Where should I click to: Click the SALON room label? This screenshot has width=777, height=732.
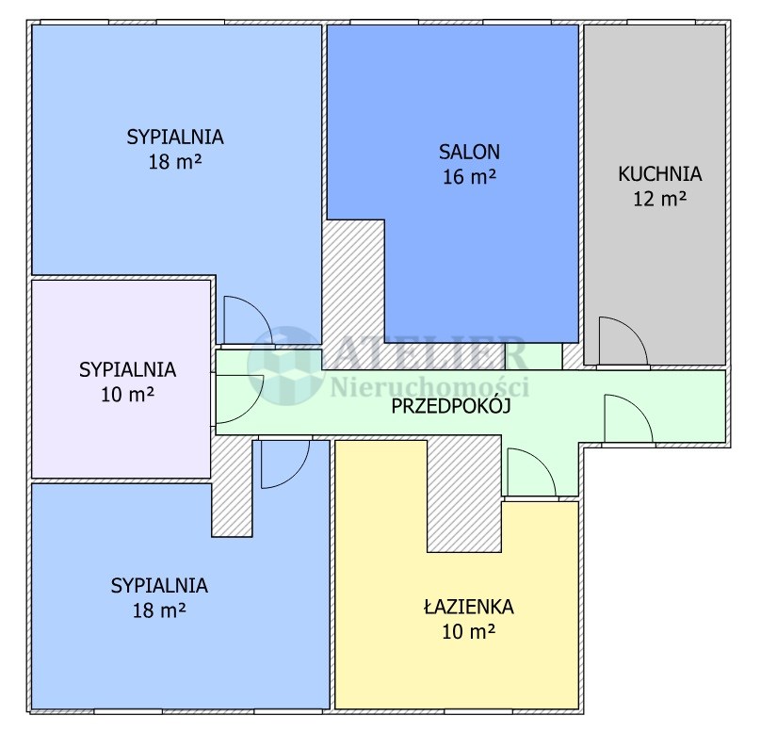[x=469, y=152]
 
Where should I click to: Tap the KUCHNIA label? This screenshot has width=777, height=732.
[x=659, y=174]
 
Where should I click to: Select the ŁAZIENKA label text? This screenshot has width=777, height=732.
[x=469, y=607]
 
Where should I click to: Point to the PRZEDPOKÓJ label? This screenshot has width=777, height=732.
[x=451, y=406]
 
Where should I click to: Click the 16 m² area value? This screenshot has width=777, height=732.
[x=469, y=176]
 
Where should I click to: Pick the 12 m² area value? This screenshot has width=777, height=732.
[x=659, y=199]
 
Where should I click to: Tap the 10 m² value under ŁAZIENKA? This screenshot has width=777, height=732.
[x=469, y=631]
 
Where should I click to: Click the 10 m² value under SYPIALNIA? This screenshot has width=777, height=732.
[x=127, y=395]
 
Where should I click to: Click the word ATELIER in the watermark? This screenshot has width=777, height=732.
[x=428, y=353]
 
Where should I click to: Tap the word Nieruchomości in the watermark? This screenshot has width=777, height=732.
[x=429, y=386]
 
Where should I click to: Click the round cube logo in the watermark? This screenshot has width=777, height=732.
[x=285, y=365]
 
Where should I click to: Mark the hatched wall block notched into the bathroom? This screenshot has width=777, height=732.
[x=464, y=496]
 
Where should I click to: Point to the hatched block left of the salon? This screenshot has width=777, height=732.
[x=354, y=294]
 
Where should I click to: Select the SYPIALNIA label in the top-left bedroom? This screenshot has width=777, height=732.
[x=175, y=137]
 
